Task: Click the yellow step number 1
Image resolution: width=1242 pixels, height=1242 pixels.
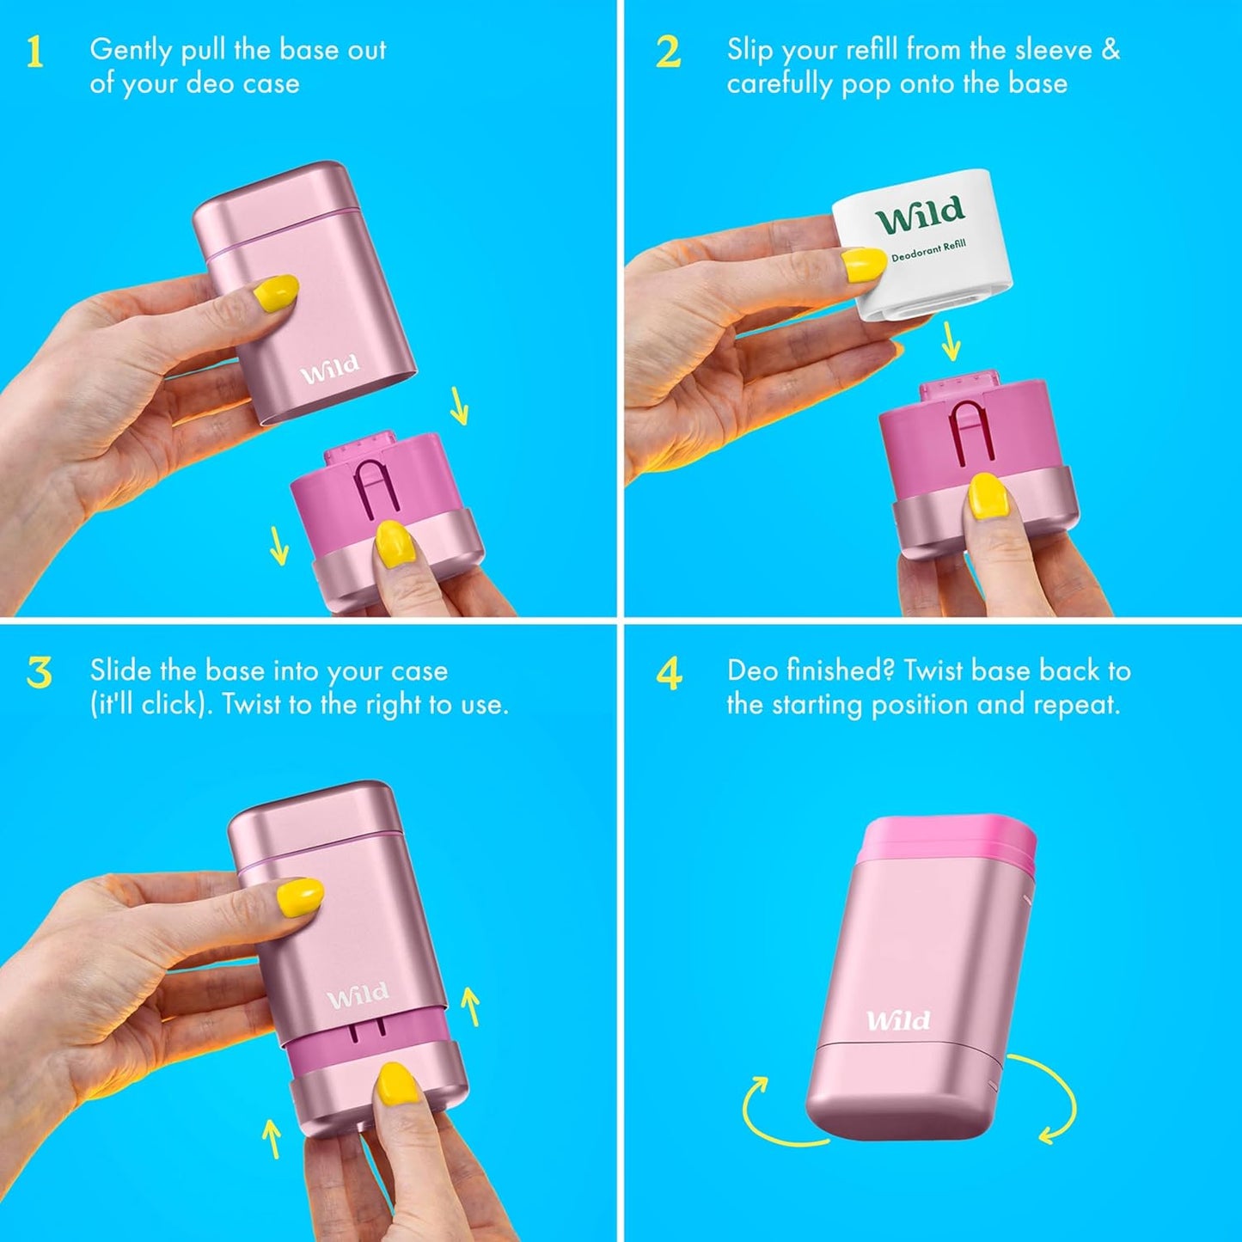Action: pos(34,52)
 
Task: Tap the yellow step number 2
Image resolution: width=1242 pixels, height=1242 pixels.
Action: pos(668,52)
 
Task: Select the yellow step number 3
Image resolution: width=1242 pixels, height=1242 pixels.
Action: pos(39,673)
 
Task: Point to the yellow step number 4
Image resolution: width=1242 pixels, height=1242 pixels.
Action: pos(669,673)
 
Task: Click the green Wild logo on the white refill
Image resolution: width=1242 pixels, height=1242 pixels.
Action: pos(920,215)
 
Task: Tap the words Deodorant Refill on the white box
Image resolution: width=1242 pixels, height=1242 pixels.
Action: pos(928,251)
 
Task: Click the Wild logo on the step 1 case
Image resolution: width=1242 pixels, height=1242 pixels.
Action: pos(330,370)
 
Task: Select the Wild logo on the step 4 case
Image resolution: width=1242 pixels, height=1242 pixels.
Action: pos(897,1020)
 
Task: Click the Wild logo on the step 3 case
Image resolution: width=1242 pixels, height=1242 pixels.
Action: pos(358,996)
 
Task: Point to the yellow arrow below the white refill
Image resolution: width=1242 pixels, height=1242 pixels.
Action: pos(951,341)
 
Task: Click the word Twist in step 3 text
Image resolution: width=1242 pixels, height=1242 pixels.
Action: pos(250,705)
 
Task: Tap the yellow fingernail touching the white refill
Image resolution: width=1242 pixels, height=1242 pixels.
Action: pos(864,264)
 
